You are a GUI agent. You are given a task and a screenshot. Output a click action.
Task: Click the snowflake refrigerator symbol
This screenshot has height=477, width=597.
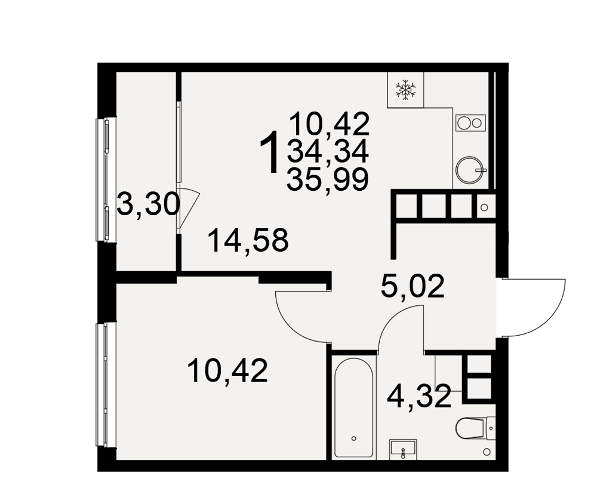[x=405, y=90]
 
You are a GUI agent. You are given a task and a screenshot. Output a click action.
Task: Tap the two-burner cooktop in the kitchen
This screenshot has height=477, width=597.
[x=470, y=123]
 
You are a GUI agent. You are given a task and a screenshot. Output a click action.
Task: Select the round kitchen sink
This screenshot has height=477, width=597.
[x=470, y=170]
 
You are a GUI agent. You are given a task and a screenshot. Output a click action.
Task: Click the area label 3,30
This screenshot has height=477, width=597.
[x=147, y=205]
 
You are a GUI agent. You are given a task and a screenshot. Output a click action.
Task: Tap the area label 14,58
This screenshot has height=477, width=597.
[x=248, y=240]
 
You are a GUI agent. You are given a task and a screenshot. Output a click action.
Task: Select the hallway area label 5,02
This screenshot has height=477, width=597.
[x=413, y=286]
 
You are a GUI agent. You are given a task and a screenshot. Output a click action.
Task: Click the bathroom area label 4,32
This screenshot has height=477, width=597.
[x=419, y=396]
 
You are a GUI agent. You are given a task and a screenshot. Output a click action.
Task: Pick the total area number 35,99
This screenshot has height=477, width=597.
[x=328, y=179]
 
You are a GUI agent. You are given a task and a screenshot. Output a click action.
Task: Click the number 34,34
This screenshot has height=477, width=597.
[x=328, y=151]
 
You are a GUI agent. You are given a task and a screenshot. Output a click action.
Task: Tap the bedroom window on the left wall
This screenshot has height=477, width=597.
[x=101, y=385]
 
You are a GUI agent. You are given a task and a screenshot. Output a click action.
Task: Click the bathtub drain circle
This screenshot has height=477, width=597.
[x=354, y=439]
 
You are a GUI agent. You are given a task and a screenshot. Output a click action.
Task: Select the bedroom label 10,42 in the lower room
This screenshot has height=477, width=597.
[x=228, y=371]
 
